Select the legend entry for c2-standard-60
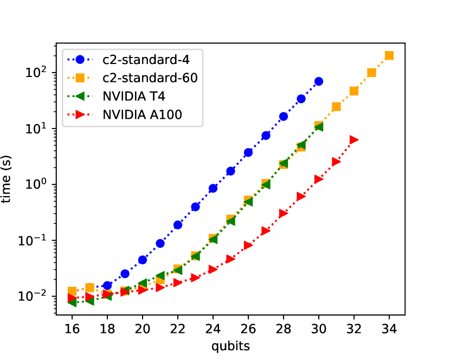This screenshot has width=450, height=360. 139,78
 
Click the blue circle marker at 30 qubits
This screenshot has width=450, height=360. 319,81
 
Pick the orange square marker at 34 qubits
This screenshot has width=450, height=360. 389,55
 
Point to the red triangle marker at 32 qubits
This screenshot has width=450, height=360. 354,140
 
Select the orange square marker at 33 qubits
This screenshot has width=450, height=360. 372,73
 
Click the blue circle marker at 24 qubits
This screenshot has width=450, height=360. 213,188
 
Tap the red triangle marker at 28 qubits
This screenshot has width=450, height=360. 284,213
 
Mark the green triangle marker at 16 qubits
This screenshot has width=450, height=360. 72,301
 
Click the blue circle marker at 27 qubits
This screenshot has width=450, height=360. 266,136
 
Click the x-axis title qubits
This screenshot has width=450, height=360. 230,345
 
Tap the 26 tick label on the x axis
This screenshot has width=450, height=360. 248,329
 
